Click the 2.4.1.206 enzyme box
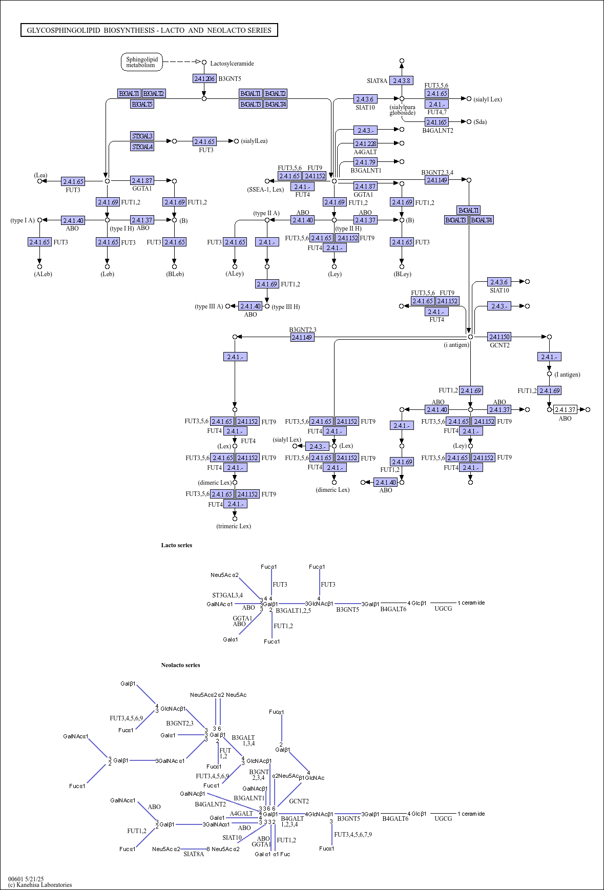tap(204, 78)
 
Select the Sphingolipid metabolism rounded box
tap(142, 62)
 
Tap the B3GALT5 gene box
tap(142, 104)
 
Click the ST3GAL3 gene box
tap(142, 136)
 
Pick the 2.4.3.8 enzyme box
tap(401, 80)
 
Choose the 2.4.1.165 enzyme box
tap(436, 122)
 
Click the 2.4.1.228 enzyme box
tap(365, 143)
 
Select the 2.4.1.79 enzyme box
tap(365, 162)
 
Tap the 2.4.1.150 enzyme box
tap(499, 337)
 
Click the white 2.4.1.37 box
tap(565, 409)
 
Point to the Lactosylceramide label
tap(232, 64)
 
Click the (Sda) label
tap(480, 122)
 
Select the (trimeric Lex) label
tap(234, 526)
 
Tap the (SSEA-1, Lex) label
tap(265, 190)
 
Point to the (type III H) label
tap(286, 307)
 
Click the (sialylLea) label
tap(254, 141)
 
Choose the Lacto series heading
tap(177, 545)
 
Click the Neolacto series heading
tap(180, 665)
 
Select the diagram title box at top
tap(149, 30)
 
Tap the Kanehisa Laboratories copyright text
tap(40, 884)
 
